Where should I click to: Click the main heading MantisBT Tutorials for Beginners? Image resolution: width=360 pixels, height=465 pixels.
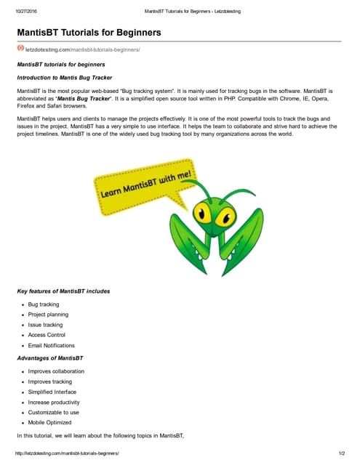[x=89, y=33]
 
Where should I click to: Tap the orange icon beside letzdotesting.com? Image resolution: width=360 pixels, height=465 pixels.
[x=20, y=49]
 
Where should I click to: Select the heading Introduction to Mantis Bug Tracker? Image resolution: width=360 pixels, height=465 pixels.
[x=67, y=76]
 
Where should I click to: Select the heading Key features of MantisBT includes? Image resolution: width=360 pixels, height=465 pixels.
[x=64, y=291]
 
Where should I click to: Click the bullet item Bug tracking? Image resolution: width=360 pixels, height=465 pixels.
[x=44, y=304]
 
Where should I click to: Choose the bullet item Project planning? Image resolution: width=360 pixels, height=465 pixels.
[x=48, y=315]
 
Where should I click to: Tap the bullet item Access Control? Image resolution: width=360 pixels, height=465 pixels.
[x=47, y=335]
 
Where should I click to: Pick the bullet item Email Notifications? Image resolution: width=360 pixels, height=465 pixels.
[x=51, y=345]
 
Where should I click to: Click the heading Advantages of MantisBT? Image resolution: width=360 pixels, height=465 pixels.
[x=50, y=359]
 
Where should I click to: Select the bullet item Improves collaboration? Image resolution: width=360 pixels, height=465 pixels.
[x=56, y=371]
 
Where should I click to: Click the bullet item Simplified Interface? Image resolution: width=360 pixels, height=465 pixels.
[x=52, y=392]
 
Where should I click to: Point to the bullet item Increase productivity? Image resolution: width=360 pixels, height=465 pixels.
[x=54, y=402]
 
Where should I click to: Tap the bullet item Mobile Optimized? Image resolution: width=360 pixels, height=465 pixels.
[x=49, y=422]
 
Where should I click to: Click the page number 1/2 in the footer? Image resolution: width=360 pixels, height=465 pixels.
[x=341, y=453]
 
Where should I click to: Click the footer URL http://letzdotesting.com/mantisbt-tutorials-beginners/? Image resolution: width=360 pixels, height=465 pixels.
[x=67, y=453]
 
